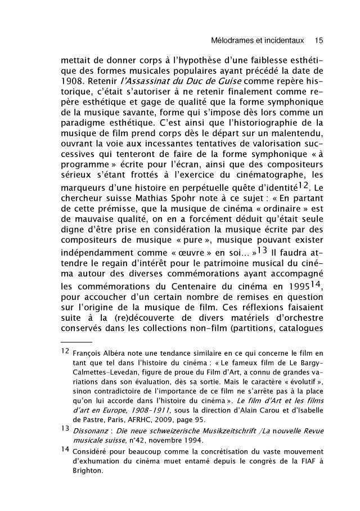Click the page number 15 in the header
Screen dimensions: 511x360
coord(319,41)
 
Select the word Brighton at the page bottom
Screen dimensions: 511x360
coord(88,473)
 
